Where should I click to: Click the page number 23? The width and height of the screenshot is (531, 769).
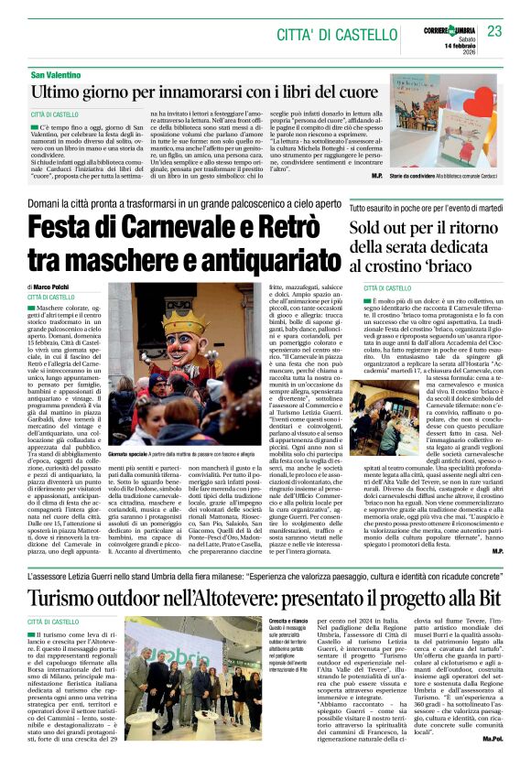[x=494, y=32]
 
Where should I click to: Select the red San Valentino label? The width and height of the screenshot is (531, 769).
[x=57, y=73]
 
